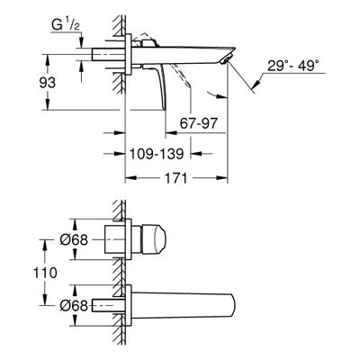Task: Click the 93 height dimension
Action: click(48, 83)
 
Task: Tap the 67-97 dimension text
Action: click(198, 123)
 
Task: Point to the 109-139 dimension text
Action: click(157, 154)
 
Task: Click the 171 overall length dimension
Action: click(176, 178)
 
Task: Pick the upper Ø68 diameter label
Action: click(74, 240)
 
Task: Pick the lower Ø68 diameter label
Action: click(74, 306)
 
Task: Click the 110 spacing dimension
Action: click(45, 273)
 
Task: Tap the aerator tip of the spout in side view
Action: click(226, 58)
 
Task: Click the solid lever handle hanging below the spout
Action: click(159, 87)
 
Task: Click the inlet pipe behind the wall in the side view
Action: click(108, 54)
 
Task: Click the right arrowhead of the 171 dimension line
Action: click(223, 178)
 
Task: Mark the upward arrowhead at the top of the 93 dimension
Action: click(48, 58)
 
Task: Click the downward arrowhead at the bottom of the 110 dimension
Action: click(45, 301)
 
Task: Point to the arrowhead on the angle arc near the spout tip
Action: click(222, 96)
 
